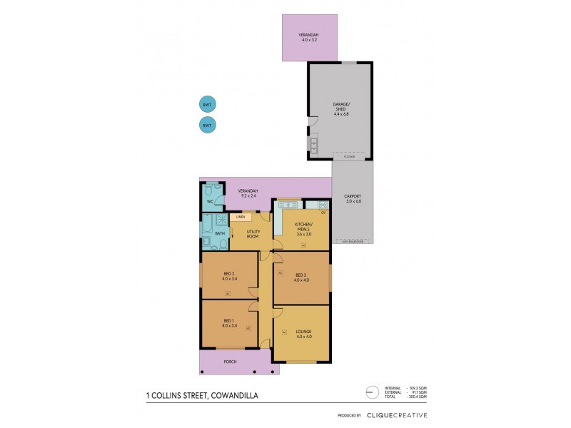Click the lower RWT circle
[207, 126]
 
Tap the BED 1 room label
[228, 323]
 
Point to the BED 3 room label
[301, 277]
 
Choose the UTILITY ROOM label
[253, 234]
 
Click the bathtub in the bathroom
[206, 231]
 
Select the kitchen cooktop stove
[321, 205]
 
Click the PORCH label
[230, 362]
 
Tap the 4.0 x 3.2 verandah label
[308, 37]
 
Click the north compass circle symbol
[368, 392]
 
